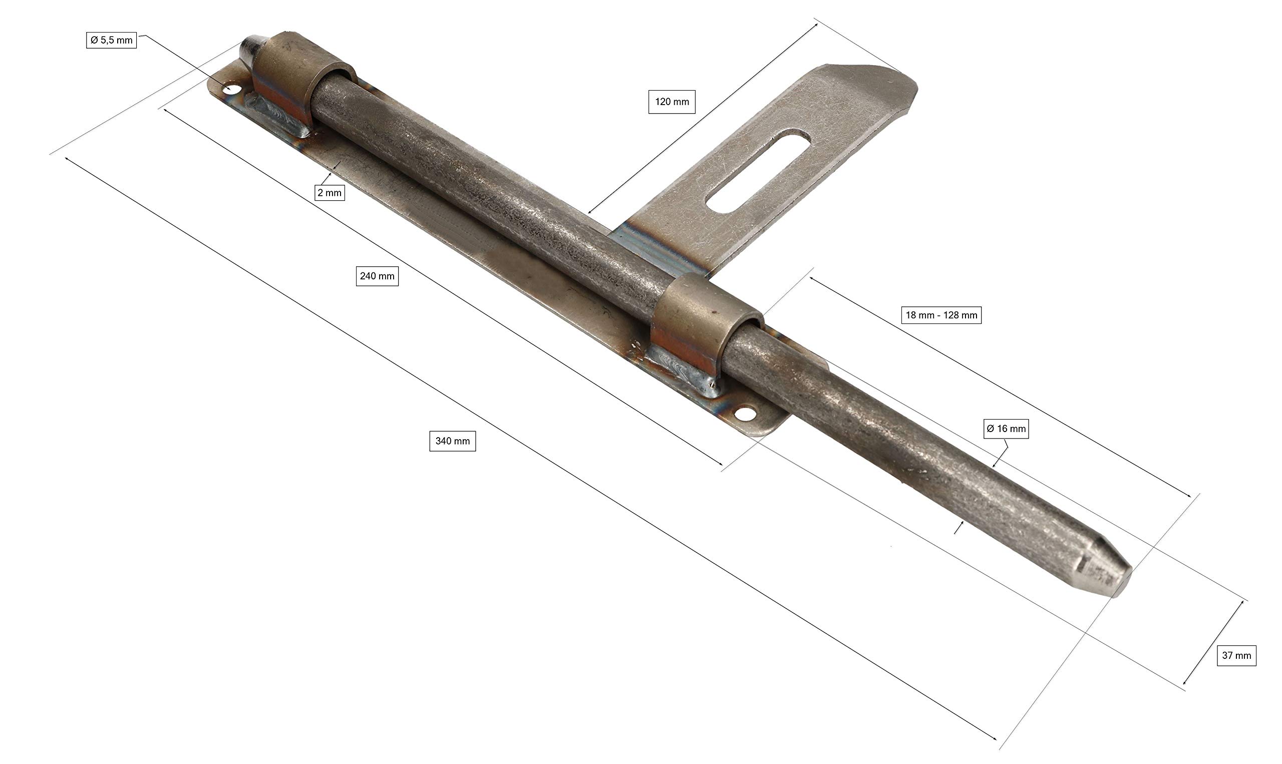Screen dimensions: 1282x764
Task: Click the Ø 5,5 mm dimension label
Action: (111, 40)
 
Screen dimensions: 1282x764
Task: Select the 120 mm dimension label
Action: (672, 102)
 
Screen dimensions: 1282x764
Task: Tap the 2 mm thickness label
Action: (330, 193)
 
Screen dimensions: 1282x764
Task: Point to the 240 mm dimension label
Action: (377, 276)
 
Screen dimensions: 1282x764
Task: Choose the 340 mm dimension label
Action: (453, 441)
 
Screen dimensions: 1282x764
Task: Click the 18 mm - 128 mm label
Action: (941, 315)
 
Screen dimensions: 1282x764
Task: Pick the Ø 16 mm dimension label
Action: (1006, 429)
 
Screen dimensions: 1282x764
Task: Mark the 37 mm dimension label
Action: (1236, 655)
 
